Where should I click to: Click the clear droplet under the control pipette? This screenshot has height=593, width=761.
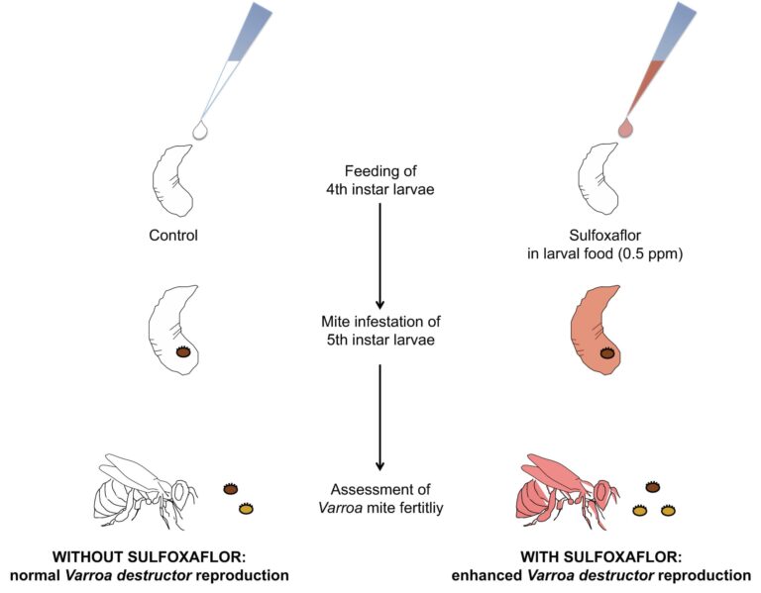click(199, 130)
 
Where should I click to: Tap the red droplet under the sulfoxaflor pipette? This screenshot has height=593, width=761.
click(625, 128)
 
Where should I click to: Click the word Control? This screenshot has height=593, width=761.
click(173, 236)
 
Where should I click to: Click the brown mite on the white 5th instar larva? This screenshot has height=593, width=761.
click(183, 351)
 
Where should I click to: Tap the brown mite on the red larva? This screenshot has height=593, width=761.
click(607, 352)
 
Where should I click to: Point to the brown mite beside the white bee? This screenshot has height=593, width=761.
click(231, 489)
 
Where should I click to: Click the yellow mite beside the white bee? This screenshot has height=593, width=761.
click(246, 509)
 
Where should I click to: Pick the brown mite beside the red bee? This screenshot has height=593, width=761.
click(653, 486)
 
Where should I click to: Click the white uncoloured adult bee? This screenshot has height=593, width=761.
click(146, 491)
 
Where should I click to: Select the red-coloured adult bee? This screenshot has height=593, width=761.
click(568, 491)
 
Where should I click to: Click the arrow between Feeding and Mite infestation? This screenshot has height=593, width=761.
click(380, 256)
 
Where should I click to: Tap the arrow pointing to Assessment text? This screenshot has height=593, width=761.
click(380, 418)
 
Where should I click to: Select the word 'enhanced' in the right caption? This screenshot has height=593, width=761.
click(486, 575)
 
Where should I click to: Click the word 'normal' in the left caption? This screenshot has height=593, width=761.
click(36, 575)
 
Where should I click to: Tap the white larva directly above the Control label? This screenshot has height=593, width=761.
click(173, 180)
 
